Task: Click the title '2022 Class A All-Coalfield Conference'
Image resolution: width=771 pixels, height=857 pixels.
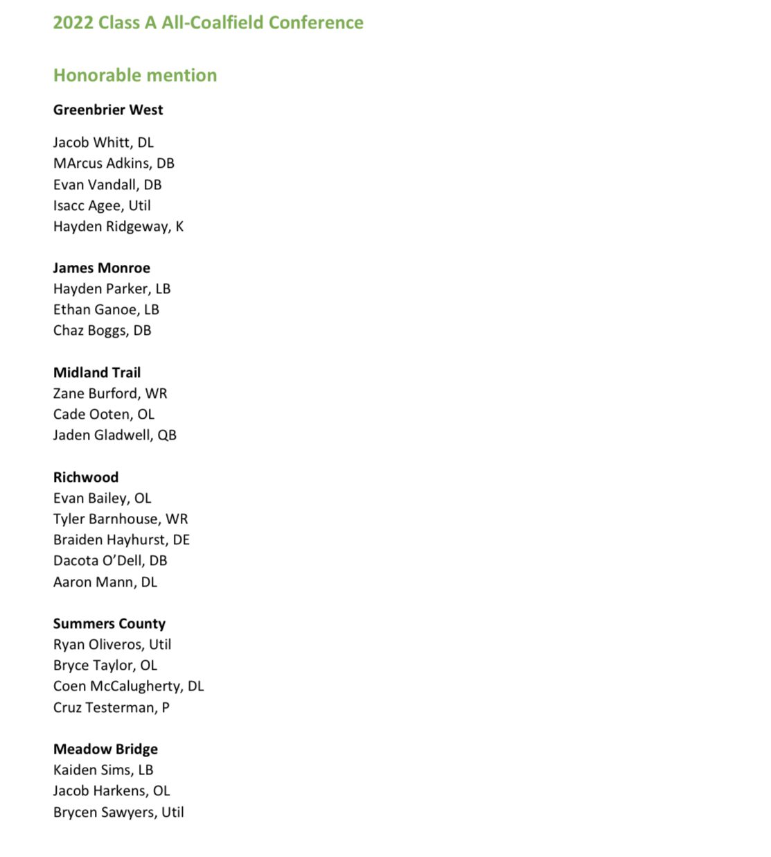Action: tap(208, 23)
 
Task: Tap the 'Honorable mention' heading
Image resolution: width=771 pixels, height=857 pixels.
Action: tap(135, 76)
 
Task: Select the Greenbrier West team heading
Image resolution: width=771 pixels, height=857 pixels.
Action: tap(108, 110)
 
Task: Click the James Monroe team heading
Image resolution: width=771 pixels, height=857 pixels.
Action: tap(102, 268)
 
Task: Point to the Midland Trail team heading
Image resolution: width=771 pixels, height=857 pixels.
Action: tap(97, 372)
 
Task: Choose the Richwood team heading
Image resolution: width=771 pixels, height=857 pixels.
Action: tap(86, 477)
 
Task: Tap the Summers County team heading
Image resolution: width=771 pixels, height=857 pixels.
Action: tap(109, 623)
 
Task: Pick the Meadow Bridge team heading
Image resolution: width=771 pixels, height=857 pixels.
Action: tap(105, 749)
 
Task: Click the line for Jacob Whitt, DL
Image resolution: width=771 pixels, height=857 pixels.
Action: tap(103, 143)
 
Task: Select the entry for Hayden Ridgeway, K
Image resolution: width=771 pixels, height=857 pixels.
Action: tap(118, 227)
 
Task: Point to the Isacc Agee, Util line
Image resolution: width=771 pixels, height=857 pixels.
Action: tap(102, 206)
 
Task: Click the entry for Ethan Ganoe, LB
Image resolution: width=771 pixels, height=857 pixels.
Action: tap(106, 310)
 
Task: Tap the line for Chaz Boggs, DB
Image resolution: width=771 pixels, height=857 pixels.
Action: tap(102, 331)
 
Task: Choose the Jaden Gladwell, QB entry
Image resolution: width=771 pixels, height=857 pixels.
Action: tap(115, 435)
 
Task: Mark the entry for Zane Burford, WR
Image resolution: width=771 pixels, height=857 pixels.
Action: tap(110, 394)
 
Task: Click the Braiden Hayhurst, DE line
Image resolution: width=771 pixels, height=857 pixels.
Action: tap(121, 540)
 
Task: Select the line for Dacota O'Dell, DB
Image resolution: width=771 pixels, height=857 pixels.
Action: tap(110, 561)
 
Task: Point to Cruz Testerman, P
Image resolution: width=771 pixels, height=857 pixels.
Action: tap(111, 707)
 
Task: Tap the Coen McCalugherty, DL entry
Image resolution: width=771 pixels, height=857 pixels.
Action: tap(128, 686)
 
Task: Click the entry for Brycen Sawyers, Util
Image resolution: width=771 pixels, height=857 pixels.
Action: tap(118, 812)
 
